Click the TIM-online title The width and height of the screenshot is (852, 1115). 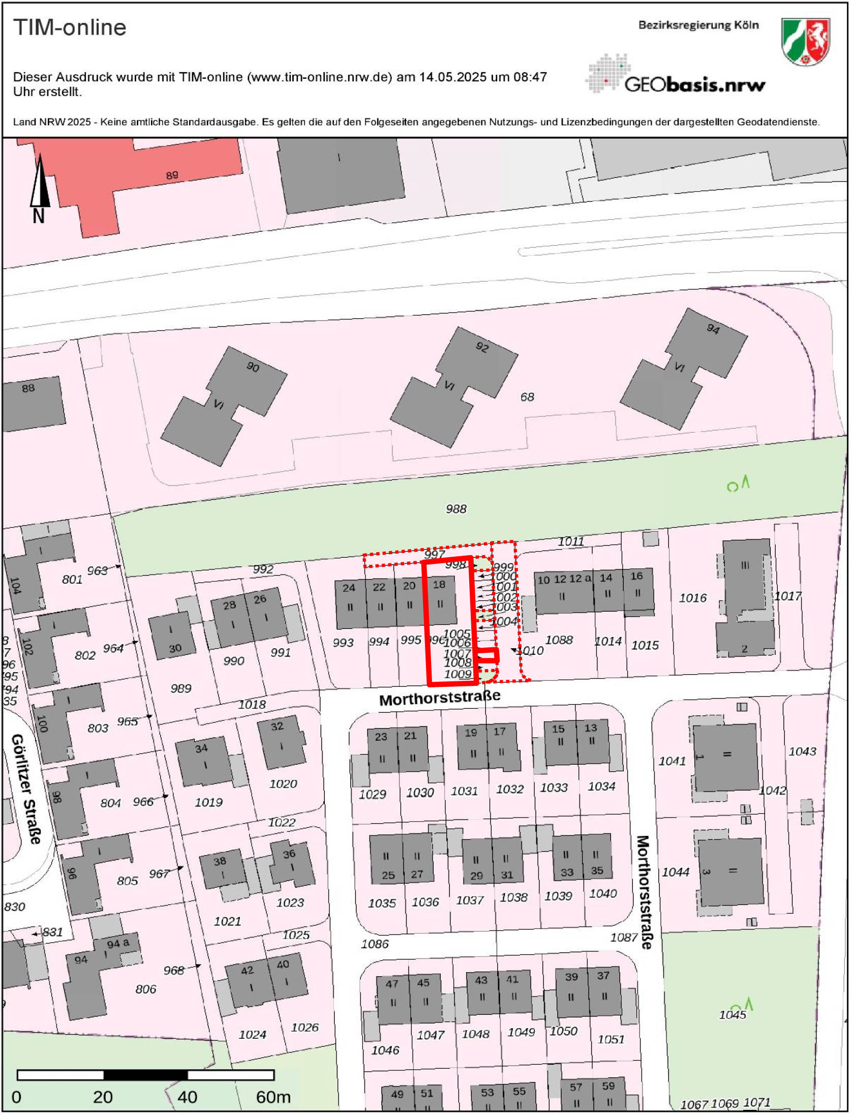coord(70,27)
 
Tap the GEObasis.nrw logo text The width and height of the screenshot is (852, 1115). coord(694,84)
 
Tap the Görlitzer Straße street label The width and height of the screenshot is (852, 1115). coord(26,788)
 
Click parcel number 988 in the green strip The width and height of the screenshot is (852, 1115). coord(456,509)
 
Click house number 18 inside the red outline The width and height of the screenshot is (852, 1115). coord(439,585)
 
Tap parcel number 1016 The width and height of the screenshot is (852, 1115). coord(693,598)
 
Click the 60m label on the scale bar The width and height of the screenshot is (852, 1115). coord(273,1097)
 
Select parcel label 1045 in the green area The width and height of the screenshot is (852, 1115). coord(732,1015)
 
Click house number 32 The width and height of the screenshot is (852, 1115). coord(277,726)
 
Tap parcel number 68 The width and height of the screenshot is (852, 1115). coord(527,397)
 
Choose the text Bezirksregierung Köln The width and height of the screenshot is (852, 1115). coord(698,25)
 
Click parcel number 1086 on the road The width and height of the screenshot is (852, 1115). coord(375,944)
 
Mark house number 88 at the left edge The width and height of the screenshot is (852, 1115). coord(28,388)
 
